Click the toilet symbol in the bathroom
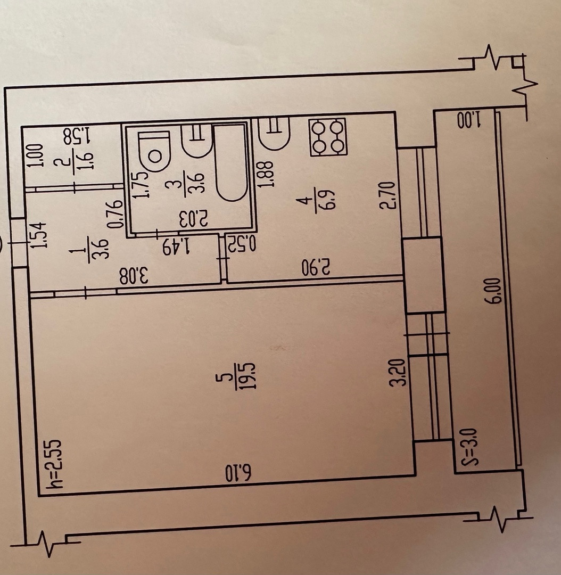154,152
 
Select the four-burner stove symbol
328,136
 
